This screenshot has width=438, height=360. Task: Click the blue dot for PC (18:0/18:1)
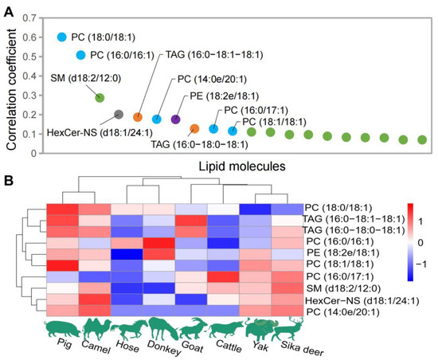click(61, 37)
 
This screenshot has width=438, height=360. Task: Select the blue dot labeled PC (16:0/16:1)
click(80, 55)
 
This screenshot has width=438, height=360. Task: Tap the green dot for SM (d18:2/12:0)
click(100, 97)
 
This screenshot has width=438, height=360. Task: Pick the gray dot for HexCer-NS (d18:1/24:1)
click(119, 115)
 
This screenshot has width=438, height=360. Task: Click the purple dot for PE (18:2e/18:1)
click(176, 119)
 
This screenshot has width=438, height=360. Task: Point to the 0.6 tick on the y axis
click(37, 37)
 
